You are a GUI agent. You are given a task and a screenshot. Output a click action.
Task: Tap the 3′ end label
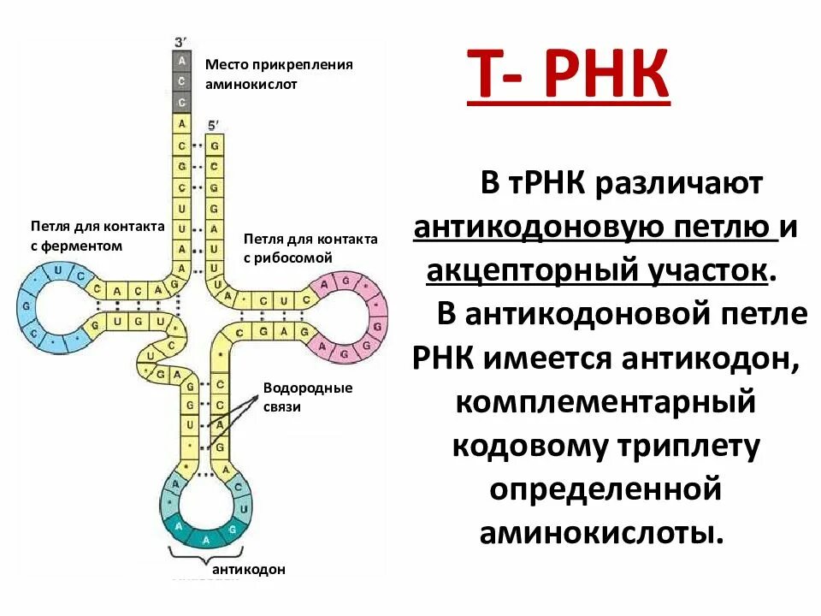[x=180, y=42]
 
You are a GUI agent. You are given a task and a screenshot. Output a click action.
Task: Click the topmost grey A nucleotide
[x=181, y=62]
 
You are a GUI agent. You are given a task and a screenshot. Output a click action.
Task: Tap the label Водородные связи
[x=296, y=397]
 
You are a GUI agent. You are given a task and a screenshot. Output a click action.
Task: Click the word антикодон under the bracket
[x=248, y=569]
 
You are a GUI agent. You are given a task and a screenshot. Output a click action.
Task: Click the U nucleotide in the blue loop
[x=57, y=270]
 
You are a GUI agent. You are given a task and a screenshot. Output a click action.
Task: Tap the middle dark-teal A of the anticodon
[x=204, y=537]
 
